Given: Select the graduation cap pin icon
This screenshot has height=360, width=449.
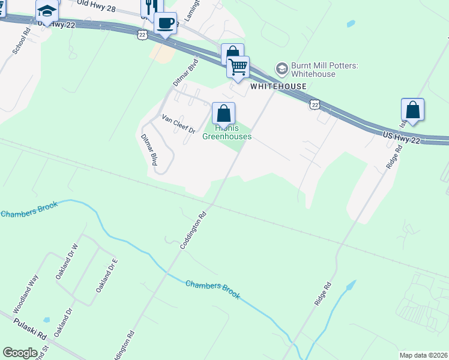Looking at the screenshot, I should (x=46, y=11).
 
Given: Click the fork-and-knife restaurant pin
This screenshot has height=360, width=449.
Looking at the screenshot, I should (x=151, y=6).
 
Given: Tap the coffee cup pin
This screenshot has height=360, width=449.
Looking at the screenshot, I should (x=165, y=23).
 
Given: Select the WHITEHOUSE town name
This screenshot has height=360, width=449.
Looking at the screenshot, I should (x=278, y=86).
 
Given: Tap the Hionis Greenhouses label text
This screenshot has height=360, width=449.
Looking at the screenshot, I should (x=226, y=132).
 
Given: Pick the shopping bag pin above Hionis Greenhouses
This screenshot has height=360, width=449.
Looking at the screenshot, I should (x=223, y=113).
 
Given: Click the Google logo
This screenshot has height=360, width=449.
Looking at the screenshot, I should (x=20, y=353).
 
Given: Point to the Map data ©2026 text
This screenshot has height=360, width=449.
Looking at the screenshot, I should (x=423, y=355).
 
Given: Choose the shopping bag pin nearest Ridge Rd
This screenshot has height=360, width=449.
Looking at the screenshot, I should (x=412, y=110).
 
